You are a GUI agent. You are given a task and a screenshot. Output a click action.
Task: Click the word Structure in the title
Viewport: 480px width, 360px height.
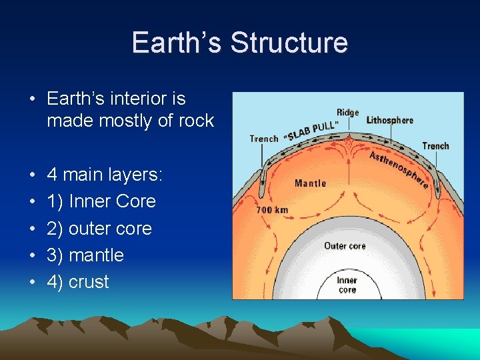tap(289, 43)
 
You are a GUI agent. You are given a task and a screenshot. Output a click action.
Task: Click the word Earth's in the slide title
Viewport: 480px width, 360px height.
tap(177, 43)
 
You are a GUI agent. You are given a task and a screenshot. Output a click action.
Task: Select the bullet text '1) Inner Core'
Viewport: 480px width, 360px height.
tap(101, 201)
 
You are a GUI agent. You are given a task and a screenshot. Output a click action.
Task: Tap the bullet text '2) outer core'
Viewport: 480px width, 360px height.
tap(99, 228)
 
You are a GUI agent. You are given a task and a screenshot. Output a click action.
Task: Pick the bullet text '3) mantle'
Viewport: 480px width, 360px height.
tap(85, 255)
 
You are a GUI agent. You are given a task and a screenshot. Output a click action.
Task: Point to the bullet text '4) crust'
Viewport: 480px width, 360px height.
tap(78, 281)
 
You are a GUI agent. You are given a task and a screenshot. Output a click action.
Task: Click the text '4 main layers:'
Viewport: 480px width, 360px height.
tap(105, 175)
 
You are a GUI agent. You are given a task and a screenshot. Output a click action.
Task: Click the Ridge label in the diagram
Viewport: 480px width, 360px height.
tap(347, 113)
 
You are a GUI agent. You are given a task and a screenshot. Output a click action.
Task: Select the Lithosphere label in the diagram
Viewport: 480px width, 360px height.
tap(390, 121)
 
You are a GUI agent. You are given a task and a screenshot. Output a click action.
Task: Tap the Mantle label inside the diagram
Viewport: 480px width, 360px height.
tap(310, 182)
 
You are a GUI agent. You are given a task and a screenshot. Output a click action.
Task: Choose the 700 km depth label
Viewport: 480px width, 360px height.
tap(272, 210)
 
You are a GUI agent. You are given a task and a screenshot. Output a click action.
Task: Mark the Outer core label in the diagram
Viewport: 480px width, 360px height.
tap(345, 246)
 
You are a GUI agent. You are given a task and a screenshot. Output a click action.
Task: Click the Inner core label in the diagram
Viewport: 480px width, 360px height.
tap(347, 285)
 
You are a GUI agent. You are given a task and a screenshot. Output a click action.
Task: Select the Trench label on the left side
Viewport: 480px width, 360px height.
tap(264, 139)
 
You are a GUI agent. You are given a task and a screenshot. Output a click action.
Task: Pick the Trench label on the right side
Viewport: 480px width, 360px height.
tap(435, 146)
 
